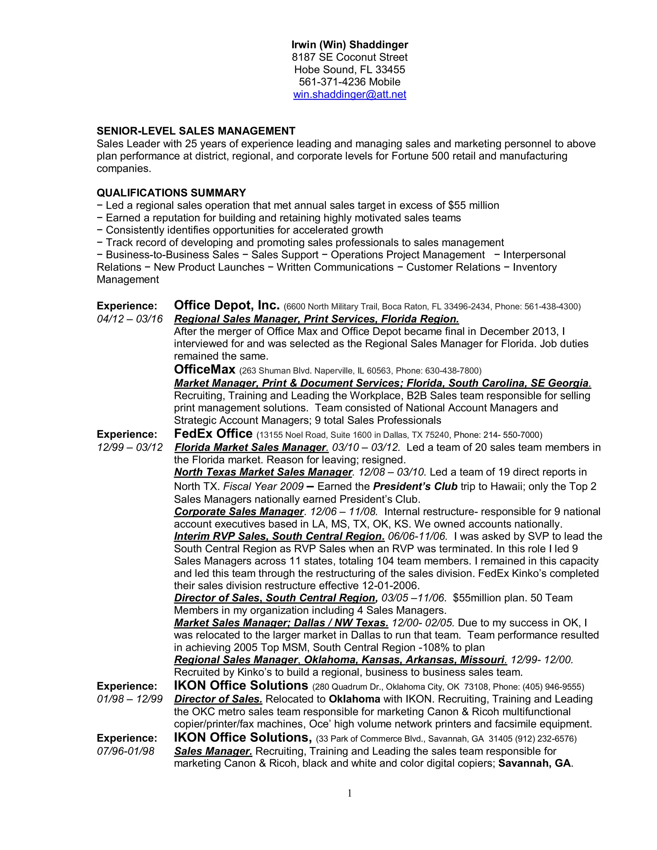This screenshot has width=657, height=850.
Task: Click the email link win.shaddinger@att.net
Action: pos(350,95)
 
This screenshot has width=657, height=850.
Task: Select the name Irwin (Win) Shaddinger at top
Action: pos(350,45)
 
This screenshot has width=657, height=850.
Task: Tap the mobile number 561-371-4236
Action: pos(332,82)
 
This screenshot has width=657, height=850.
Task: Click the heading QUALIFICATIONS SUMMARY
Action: pos(171,193)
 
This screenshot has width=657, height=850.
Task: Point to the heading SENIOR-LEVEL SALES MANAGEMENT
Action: pos(196,131)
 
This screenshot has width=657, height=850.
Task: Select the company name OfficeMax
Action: pos(205,369)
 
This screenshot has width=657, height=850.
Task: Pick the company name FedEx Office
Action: pos(213,434)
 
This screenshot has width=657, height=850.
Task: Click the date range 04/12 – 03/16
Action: pos(130,319)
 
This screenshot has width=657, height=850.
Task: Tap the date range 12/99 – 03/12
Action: pos(130,447)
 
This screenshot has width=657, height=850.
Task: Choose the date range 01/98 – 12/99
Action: pos(130,699)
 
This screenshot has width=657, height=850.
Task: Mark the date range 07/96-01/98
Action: pos(125,751)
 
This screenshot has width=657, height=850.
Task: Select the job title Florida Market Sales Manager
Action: pos(251,447)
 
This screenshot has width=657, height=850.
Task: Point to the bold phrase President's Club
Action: pos(415,487)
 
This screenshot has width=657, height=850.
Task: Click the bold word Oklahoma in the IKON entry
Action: pos(354,699)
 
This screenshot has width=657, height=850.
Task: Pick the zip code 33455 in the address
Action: pos(390,70)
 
